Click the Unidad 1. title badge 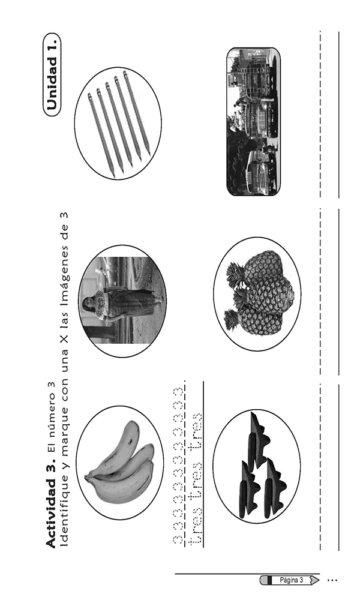[x=52, y=74]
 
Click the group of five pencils [x=118, y=124]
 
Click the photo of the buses [x=254, y=122]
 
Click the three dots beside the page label [x=332, y=580]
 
